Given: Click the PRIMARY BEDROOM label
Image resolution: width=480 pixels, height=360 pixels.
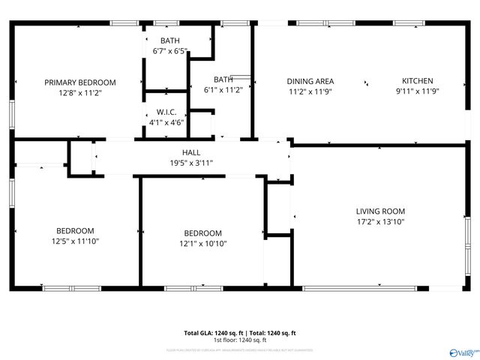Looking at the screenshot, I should coord(80,82).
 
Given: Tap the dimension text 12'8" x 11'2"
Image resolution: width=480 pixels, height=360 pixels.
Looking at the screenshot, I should coord(80,93).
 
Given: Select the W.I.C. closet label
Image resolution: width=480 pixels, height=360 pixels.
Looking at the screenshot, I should coord(166,112).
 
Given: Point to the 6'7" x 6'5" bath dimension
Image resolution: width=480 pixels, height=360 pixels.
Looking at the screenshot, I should coord(169,52).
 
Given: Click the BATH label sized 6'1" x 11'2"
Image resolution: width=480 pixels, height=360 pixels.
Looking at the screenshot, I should coord(223,79).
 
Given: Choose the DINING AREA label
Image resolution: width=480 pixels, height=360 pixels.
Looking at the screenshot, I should coord(310,82).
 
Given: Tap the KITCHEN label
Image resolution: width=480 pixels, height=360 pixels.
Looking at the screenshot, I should coord(417,81).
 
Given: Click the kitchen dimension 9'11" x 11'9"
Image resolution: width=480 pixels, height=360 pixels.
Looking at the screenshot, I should coord(417,91).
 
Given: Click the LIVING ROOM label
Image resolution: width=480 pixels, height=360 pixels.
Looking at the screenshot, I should coord(379,211).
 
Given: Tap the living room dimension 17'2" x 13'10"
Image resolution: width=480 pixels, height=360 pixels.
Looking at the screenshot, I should coord(379,222).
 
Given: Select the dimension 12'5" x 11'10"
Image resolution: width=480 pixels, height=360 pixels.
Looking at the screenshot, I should coord(75,241).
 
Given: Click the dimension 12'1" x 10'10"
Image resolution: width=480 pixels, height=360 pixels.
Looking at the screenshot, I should coord(202,244).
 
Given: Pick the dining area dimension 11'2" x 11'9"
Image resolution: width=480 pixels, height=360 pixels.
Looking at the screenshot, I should coord(310,91).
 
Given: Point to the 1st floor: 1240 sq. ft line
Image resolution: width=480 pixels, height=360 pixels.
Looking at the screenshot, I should coord(240,340).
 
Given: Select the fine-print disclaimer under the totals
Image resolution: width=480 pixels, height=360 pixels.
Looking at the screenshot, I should coord(240,349).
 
